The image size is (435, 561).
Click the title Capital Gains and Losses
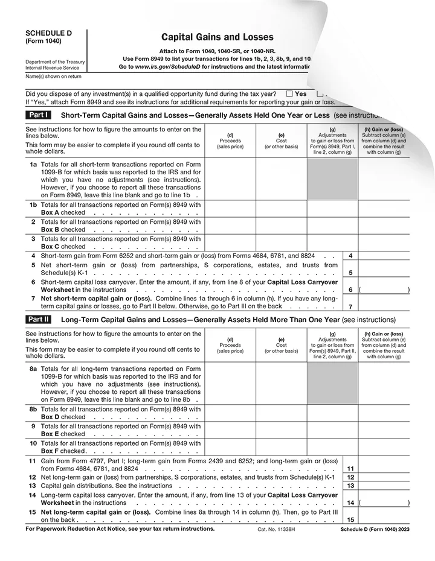tap(208, 37)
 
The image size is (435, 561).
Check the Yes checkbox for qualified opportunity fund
tap(289, 94)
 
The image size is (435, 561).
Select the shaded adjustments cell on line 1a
tap(332, 179)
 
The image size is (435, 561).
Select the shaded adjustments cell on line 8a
tap(332, 383)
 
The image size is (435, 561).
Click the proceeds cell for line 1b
tap(230, 209)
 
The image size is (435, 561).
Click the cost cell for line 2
tap(282, 226)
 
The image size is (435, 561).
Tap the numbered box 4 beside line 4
tap(350, 256)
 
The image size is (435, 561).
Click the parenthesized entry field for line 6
tap(384, 290)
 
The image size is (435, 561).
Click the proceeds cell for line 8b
tap(230, 413)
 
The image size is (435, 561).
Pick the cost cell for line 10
tap(282, 447)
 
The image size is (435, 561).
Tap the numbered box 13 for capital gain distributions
tap(350, 486)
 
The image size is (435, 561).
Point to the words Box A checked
tap(63, 213)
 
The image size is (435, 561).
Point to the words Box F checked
tap(63, 451)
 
